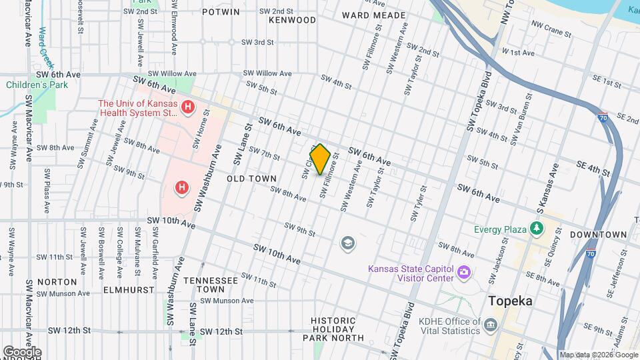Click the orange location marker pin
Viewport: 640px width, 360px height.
[x=320, y=159]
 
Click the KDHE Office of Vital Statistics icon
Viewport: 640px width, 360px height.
[x=491, y=325]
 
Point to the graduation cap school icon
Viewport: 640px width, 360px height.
[x=347, y=243]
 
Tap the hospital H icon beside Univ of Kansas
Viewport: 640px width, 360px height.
[x=189, y=107]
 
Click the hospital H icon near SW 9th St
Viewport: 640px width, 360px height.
[x=181, y=189]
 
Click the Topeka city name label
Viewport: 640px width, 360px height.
[x=511, y=301]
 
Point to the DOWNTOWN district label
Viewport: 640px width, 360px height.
[x=598, y=235]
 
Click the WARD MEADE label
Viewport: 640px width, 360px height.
[x=373, y=15]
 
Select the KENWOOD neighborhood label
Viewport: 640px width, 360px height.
[x=292, y=20]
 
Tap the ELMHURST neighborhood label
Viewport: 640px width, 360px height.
[x=128, y=290]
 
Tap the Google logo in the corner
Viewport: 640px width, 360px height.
[x=21, y=352]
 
